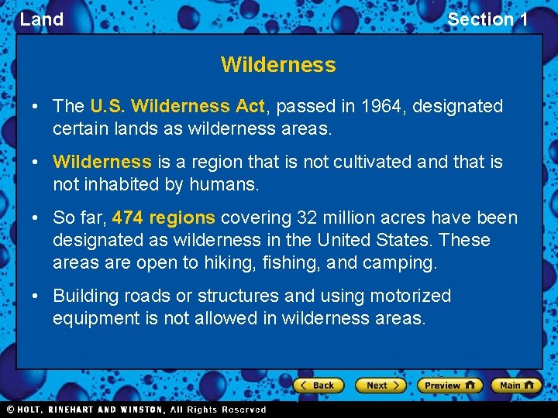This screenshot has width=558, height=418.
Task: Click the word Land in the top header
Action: pyautogui.click(x=42, y=19)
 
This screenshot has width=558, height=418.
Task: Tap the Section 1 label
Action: pyautogui.click(x=487, y=19)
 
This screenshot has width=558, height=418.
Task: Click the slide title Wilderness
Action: pyautogui.click(x=278, y=65)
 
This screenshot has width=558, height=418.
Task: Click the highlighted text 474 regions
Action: pyautogui.click(x=164, y=218)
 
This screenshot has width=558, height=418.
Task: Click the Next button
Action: pyautogui.click(x=381, y=385)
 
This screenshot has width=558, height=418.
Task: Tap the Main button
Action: pyautogui.click(x=515, y=385)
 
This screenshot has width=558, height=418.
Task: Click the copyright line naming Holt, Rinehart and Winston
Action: pyautogui.click(x=136, y=409)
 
